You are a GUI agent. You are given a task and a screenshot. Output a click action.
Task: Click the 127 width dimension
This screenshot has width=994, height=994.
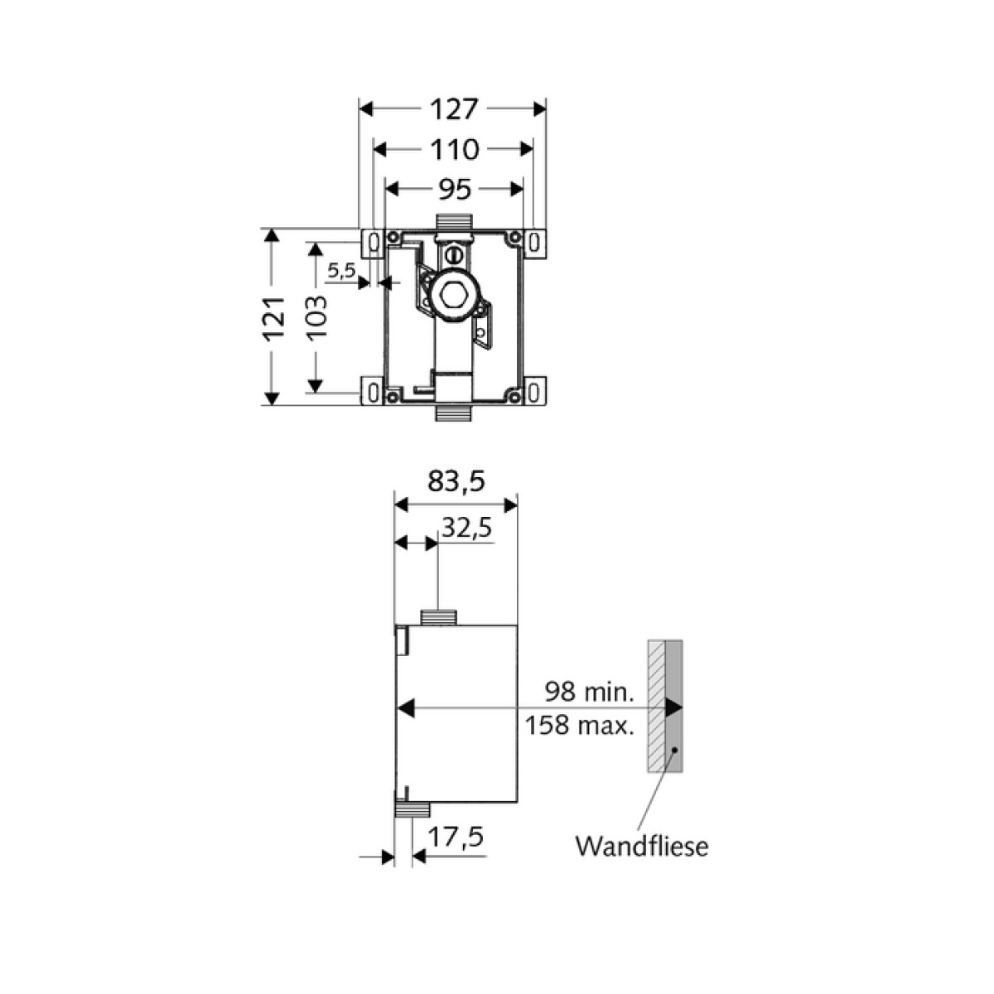455,109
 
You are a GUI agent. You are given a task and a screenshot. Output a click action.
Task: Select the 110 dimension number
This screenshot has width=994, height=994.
455,150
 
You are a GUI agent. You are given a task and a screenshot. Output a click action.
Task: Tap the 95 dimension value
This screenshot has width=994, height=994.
455,190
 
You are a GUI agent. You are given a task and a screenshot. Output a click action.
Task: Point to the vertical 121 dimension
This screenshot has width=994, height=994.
274,317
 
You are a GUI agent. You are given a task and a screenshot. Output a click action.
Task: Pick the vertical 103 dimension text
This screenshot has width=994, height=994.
316,316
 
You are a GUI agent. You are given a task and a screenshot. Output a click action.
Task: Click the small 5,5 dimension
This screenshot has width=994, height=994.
341,270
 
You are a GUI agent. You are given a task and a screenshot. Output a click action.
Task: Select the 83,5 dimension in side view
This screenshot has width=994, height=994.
456,482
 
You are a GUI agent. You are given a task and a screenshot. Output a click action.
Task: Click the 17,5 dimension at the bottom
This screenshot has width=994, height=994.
456,837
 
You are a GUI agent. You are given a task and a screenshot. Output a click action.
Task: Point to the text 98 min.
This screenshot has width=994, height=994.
589,692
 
